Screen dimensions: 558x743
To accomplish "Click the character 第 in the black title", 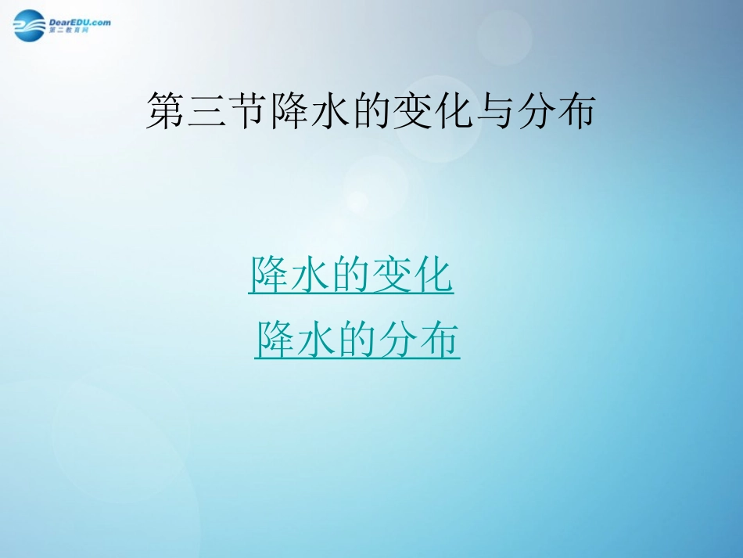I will [x=167, y=111].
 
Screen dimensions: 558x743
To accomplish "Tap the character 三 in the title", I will [x=207, y=111].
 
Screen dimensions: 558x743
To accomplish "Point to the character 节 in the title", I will [x=248, y=111].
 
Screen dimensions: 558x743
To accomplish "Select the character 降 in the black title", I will [x=289, y=111].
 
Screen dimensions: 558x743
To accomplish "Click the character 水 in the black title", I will [x=330, y=111].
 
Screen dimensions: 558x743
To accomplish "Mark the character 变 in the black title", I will [x=411, y=111].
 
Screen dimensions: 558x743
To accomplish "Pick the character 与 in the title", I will [x=493, y=111].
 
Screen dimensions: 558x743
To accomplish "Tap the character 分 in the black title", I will [x=533, y=111].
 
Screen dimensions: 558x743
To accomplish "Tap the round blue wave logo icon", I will [x=30, y=27].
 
